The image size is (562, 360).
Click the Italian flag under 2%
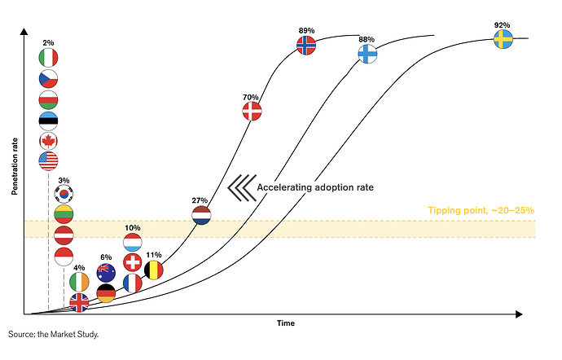coord(48,58)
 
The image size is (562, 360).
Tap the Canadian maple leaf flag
coord(48,141)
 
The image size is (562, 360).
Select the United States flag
coord(48,160)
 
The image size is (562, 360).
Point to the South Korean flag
coord(64,195)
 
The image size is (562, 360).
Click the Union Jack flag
coord(80,302)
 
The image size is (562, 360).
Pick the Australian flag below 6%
coord(107,273)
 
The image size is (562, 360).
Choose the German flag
coord(107,293)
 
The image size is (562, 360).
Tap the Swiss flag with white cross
coord(133,262)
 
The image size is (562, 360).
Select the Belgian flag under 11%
coord(153,269)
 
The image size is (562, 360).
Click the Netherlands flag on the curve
coord(201,216)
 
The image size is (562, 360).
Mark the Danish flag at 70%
coord(252,113)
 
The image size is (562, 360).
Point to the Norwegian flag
coord(306,46)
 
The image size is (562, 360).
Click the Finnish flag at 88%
coord(367,55)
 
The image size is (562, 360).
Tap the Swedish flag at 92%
coord(503,39)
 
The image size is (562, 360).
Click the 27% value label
coord(200,200)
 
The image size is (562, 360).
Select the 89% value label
coord(306,30)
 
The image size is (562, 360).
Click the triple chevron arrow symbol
coord(238,187)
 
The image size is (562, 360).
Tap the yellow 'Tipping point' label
coord(481,210)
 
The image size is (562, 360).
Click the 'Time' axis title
coord(285,323)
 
